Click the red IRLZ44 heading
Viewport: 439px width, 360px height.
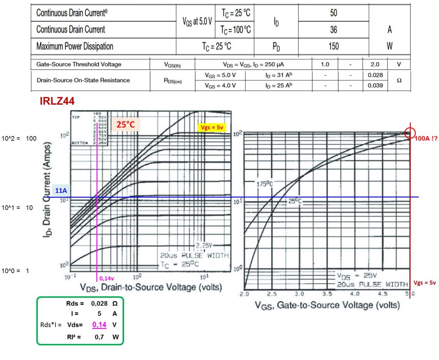pyautogui.click(x=57, y=101)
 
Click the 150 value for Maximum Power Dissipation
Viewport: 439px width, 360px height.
pyautogui.click(x=333, y=46)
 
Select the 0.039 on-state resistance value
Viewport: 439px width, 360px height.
pyautogui.click(x=375, y=85)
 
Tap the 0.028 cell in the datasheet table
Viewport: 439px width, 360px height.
pyautogui.click(x=375, y=75)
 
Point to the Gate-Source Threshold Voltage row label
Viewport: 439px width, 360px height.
pyautogui.click(x=79, y=64)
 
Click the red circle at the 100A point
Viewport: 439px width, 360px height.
pyautogui.click(x=409, y=133)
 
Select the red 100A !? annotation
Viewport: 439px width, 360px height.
pyautogui.click(x=426, y=139)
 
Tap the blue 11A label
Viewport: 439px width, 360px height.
pyautogui.click(x=61, y=191)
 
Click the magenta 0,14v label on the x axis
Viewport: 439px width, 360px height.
pyautogui.click(x=106, y=278)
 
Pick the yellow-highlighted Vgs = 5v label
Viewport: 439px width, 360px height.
pyautogui.click(x=212, y=127)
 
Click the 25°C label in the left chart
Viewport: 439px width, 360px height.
pyautogui.click(x=125, y=124)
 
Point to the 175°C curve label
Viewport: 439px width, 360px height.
pyautogui.click(x=264, y=184)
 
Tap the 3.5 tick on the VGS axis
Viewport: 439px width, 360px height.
pyautogui.click(x=327, y=294)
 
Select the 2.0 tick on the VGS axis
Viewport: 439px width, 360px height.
pyautogui.click(x=244, y=294)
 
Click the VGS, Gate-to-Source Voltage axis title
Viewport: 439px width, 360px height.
pyautogui.click(x=327, y=305)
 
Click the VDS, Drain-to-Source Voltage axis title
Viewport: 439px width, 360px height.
pyautogui.click(x=151, y=287)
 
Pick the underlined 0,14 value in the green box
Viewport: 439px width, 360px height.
pyautogui.click(x=99, y=324)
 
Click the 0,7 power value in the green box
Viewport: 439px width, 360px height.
pyautogui.click(x=99, y=337)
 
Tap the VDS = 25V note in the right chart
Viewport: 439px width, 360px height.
pyautogui.click(x=356, y=276)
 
